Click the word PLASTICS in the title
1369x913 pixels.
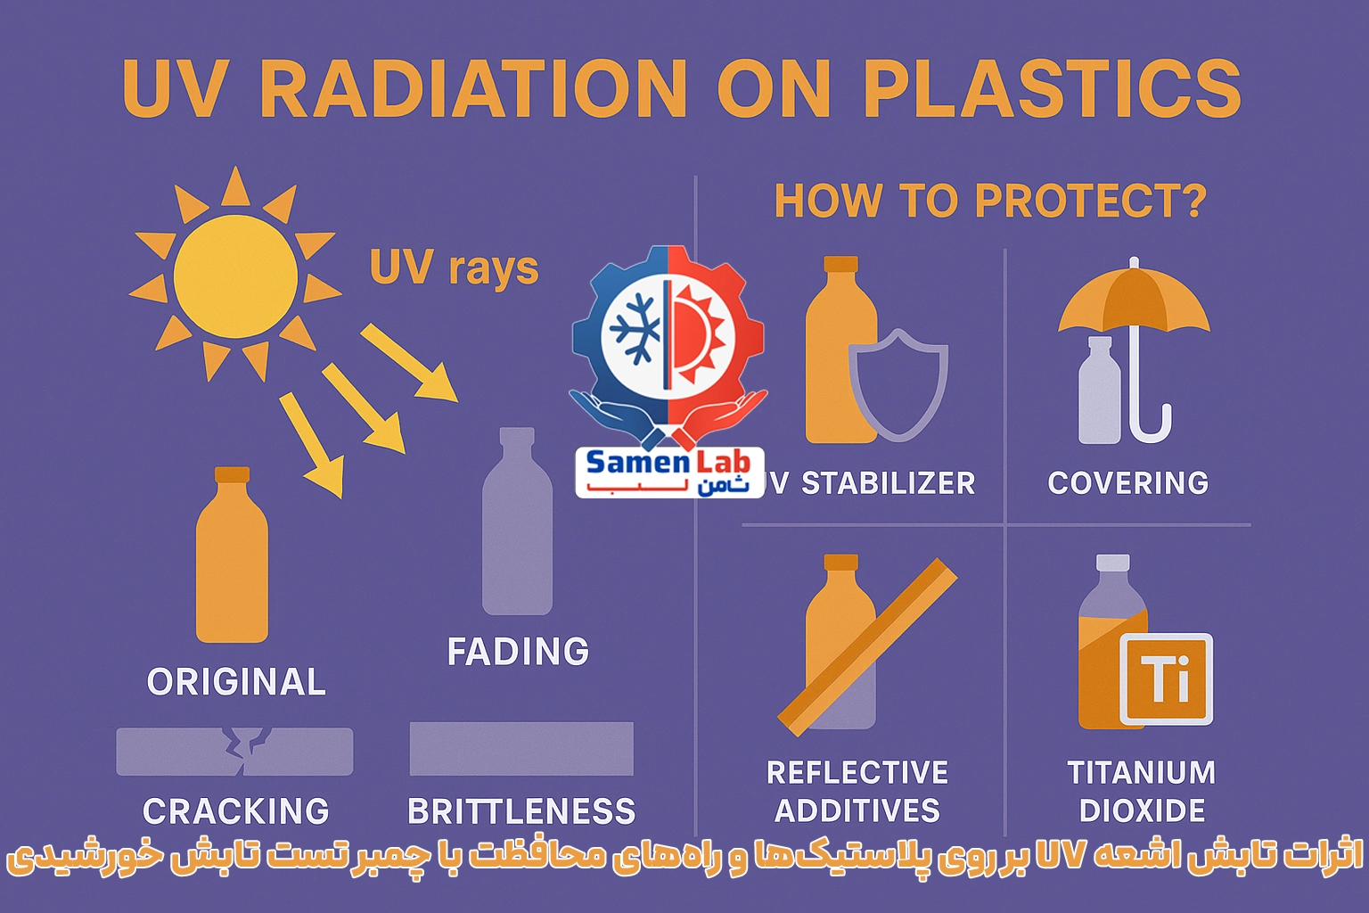1052,88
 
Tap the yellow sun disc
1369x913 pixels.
235,276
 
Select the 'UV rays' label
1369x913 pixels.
454,267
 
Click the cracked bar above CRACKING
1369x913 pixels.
234,752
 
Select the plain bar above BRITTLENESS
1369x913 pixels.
521,749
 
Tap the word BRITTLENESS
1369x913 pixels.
521,811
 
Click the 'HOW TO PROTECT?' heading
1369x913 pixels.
991,201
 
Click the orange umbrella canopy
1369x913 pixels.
1134,300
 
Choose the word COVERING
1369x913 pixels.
1128,482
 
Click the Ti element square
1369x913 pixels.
1166,679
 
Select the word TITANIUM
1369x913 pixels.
1142,772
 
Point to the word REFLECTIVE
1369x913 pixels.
857,772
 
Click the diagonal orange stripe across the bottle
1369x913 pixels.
867,647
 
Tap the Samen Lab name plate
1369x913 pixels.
670,472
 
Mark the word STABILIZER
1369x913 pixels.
888,483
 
